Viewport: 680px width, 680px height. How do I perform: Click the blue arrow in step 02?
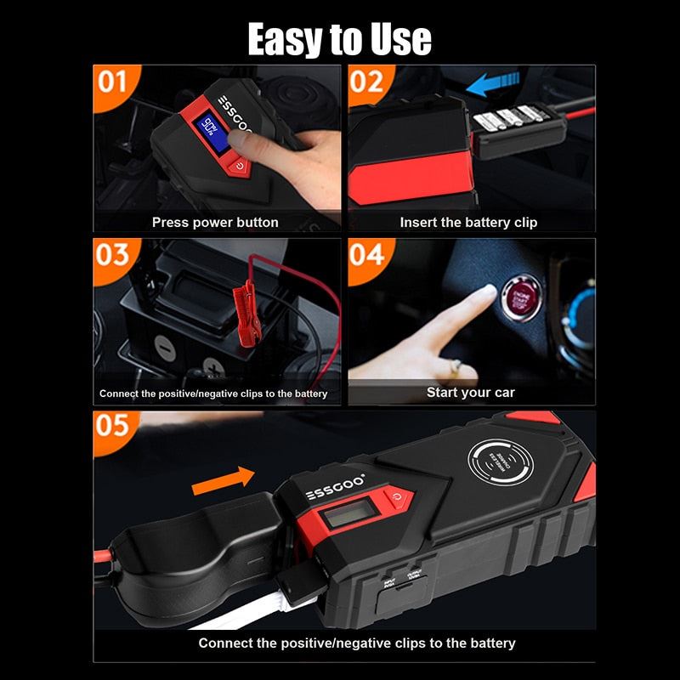click(490, 84)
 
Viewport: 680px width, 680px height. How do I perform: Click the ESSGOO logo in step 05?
click(335, 494)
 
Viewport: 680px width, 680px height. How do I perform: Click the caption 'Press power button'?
click(215, 222)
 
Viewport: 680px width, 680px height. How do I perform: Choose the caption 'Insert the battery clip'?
click(468, 222)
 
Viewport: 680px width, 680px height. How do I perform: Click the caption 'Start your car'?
click(470, 392)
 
